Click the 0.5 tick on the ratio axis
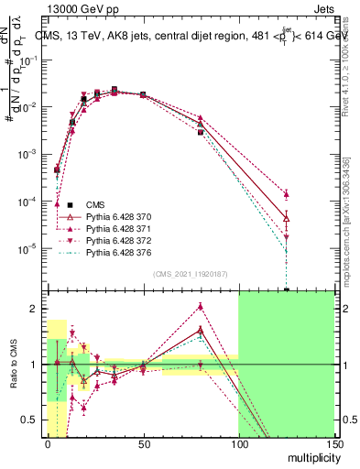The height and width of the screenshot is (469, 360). pos(32,420)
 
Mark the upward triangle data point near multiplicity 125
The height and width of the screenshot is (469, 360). pos(287,194)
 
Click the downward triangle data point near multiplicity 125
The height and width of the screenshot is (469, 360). pos(287,237)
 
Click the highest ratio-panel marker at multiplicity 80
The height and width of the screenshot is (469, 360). pos(201,308)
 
